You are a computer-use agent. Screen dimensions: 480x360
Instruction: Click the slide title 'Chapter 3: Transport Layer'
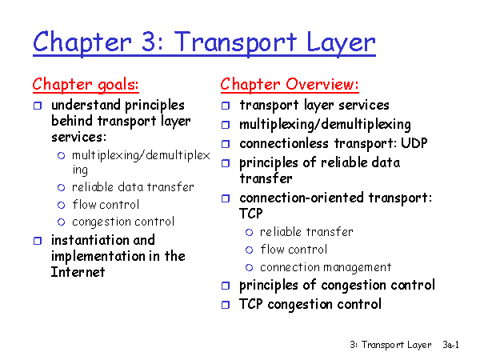pos(204,43)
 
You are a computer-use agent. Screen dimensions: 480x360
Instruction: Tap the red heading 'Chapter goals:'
pos(86,85)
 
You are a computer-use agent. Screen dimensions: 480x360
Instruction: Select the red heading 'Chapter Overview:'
pos(290,85)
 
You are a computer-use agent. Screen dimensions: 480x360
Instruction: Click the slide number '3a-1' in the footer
pos(450,345)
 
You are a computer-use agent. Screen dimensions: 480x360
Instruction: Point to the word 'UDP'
pos(414,143)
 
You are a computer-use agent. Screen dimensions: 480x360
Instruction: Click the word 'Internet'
pos(78,272)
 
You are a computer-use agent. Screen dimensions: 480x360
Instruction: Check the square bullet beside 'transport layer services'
pos(226,106)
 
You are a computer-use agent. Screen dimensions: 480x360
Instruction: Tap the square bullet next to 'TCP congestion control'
pos(226,305)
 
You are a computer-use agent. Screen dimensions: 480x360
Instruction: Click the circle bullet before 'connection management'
pos(249,268)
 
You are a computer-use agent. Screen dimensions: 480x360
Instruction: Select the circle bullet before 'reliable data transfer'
pos(62,187)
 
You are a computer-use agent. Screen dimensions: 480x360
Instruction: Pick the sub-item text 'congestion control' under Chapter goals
pos(123,222)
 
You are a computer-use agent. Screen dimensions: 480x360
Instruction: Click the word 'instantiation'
pos(90,240)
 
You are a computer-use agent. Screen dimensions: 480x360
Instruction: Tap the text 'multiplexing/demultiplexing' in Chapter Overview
pos(325,125)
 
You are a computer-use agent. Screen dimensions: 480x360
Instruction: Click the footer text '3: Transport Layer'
pos(390,345)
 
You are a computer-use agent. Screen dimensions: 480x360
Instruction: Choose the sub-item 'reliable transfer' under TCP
pos(306,232)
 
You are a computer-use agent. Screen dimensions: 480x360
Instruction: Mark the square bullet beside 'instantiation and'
pos(38,241)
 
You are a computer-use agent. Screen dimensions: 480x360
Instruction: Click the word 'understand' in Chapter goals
pos(86,105)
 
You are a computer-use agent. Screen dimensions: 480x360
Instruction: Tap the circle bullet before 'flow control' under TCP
pos(249,250)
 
